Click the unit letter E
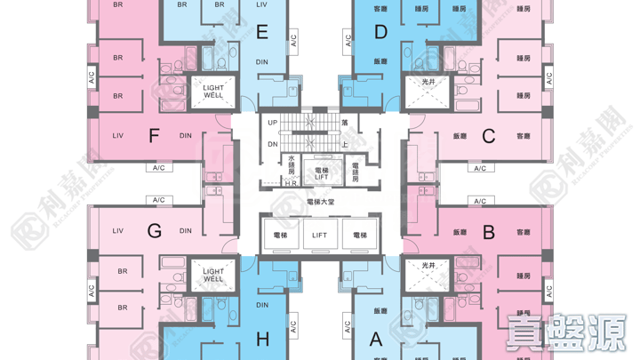coord(261,33)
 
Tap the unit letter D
coord(381,33)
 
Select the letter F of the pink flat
coord(154,136)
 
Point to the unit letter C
coord(488,136)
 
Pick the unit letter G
coord(154,231)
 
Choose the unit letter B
coord(488,232)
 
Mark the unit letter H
coord(262,339)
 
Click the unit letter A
coord(376,339)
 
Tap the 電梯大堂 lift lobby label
coord(320,202)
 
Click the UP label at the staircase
coord(273,122)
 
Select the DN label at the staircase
coord(273,144)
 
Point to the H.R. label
coord(292,184)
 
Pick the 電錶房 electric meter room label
coord(356,172)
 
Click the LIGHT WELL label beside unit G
coord(213,276)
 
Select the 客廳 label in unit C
coord(523,136)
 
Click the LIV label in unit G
coord(117,231)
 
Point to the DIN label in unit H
coord(262,306)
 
